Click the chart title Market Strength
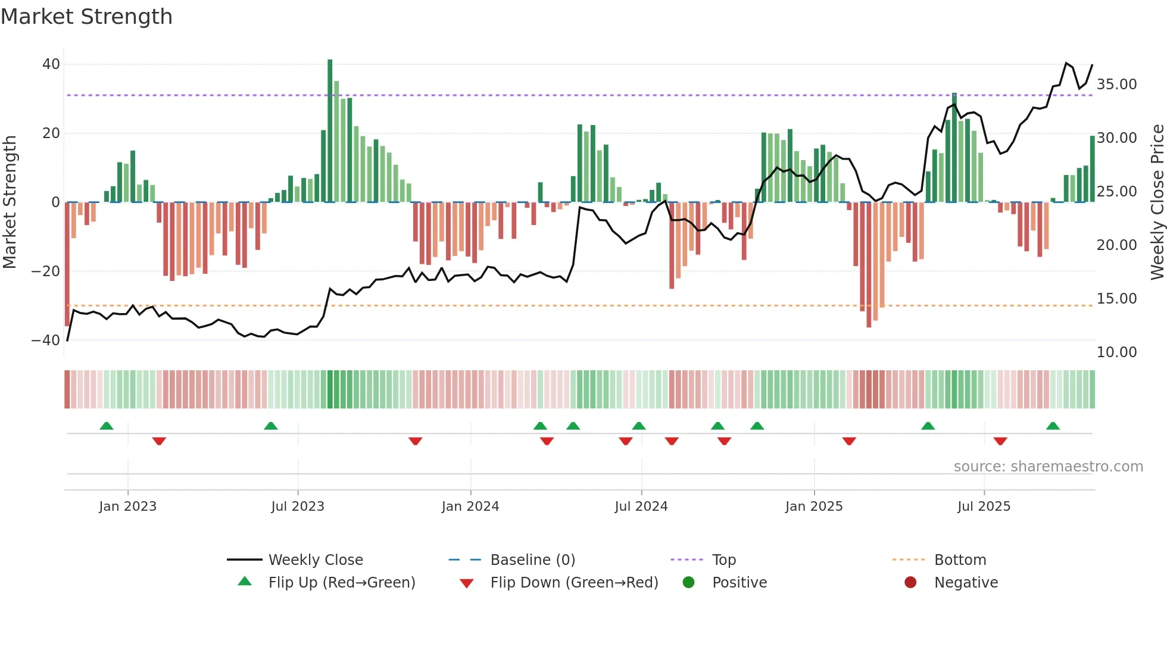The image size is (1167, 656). pos(86,17)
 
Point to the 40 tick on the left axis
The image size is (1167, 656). pos(51,64)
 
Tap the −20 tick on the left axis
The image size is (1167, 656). pos(46,271)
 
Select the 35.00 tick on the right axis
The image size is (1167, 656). pos(1116,85)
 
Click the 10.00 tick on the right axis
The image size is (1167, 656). pos(1116,352)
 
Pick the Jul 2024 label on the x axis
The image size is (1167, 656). pos(641,507)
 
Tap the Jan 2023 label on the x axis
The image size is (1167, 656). pos(127,507)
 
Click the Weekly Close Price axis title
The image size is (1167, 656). pos(1157,202)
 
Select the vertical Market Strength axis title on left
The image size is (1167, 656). pos(10,202)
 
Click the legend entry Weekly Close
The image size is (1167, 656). pos(315,560)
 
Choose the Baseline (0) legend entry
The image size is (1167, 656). pos(532,560)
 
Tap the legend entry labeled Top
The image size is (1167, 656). pos(723,560)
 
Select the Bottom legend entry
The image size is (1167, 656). pos(960,560)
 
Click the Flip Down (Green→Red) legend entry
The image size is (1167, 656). pos(574,583)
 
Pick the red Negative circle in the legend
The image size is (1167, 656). pos(910,583)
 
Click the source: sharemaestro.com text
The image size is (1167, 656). pos(1048,467)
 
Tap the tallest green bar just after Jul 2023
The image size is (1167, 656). pos(330,131)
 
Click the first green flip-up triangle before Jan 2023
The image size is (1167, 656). pos(107,426)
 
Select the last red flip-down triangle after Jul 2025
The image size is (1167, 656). pos(1000,441)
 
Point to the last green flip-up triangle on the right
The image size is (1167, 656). pos(1053,426)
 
